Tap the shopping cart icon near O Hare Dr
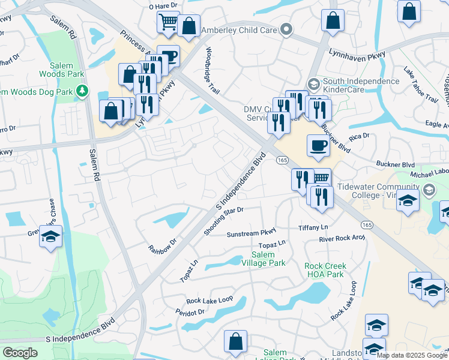pos(169,23)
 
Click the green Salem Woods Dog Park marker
pos(82,91)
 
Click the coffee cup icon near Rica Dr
pos(318,145)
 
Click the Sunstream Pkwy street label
pos(251,233)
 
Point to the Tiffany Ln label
pos(313,227)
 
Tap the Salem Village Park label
pos(268,259)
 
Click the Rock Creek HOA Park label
pos(324,270)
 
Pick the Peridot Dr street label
pos(190,313)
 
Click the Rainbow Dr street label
pos(163,246)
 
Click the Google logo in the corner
pos(20,353)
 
